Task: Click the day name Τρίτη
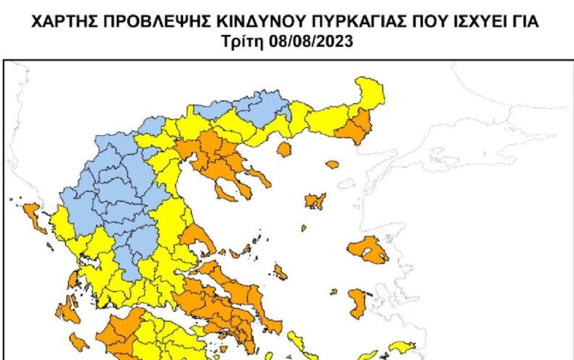[241, 43]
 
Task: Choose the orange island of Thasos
[283, 150]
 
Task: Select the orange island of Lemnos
[315, 201]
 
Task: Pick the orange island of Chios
[358, 302]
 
